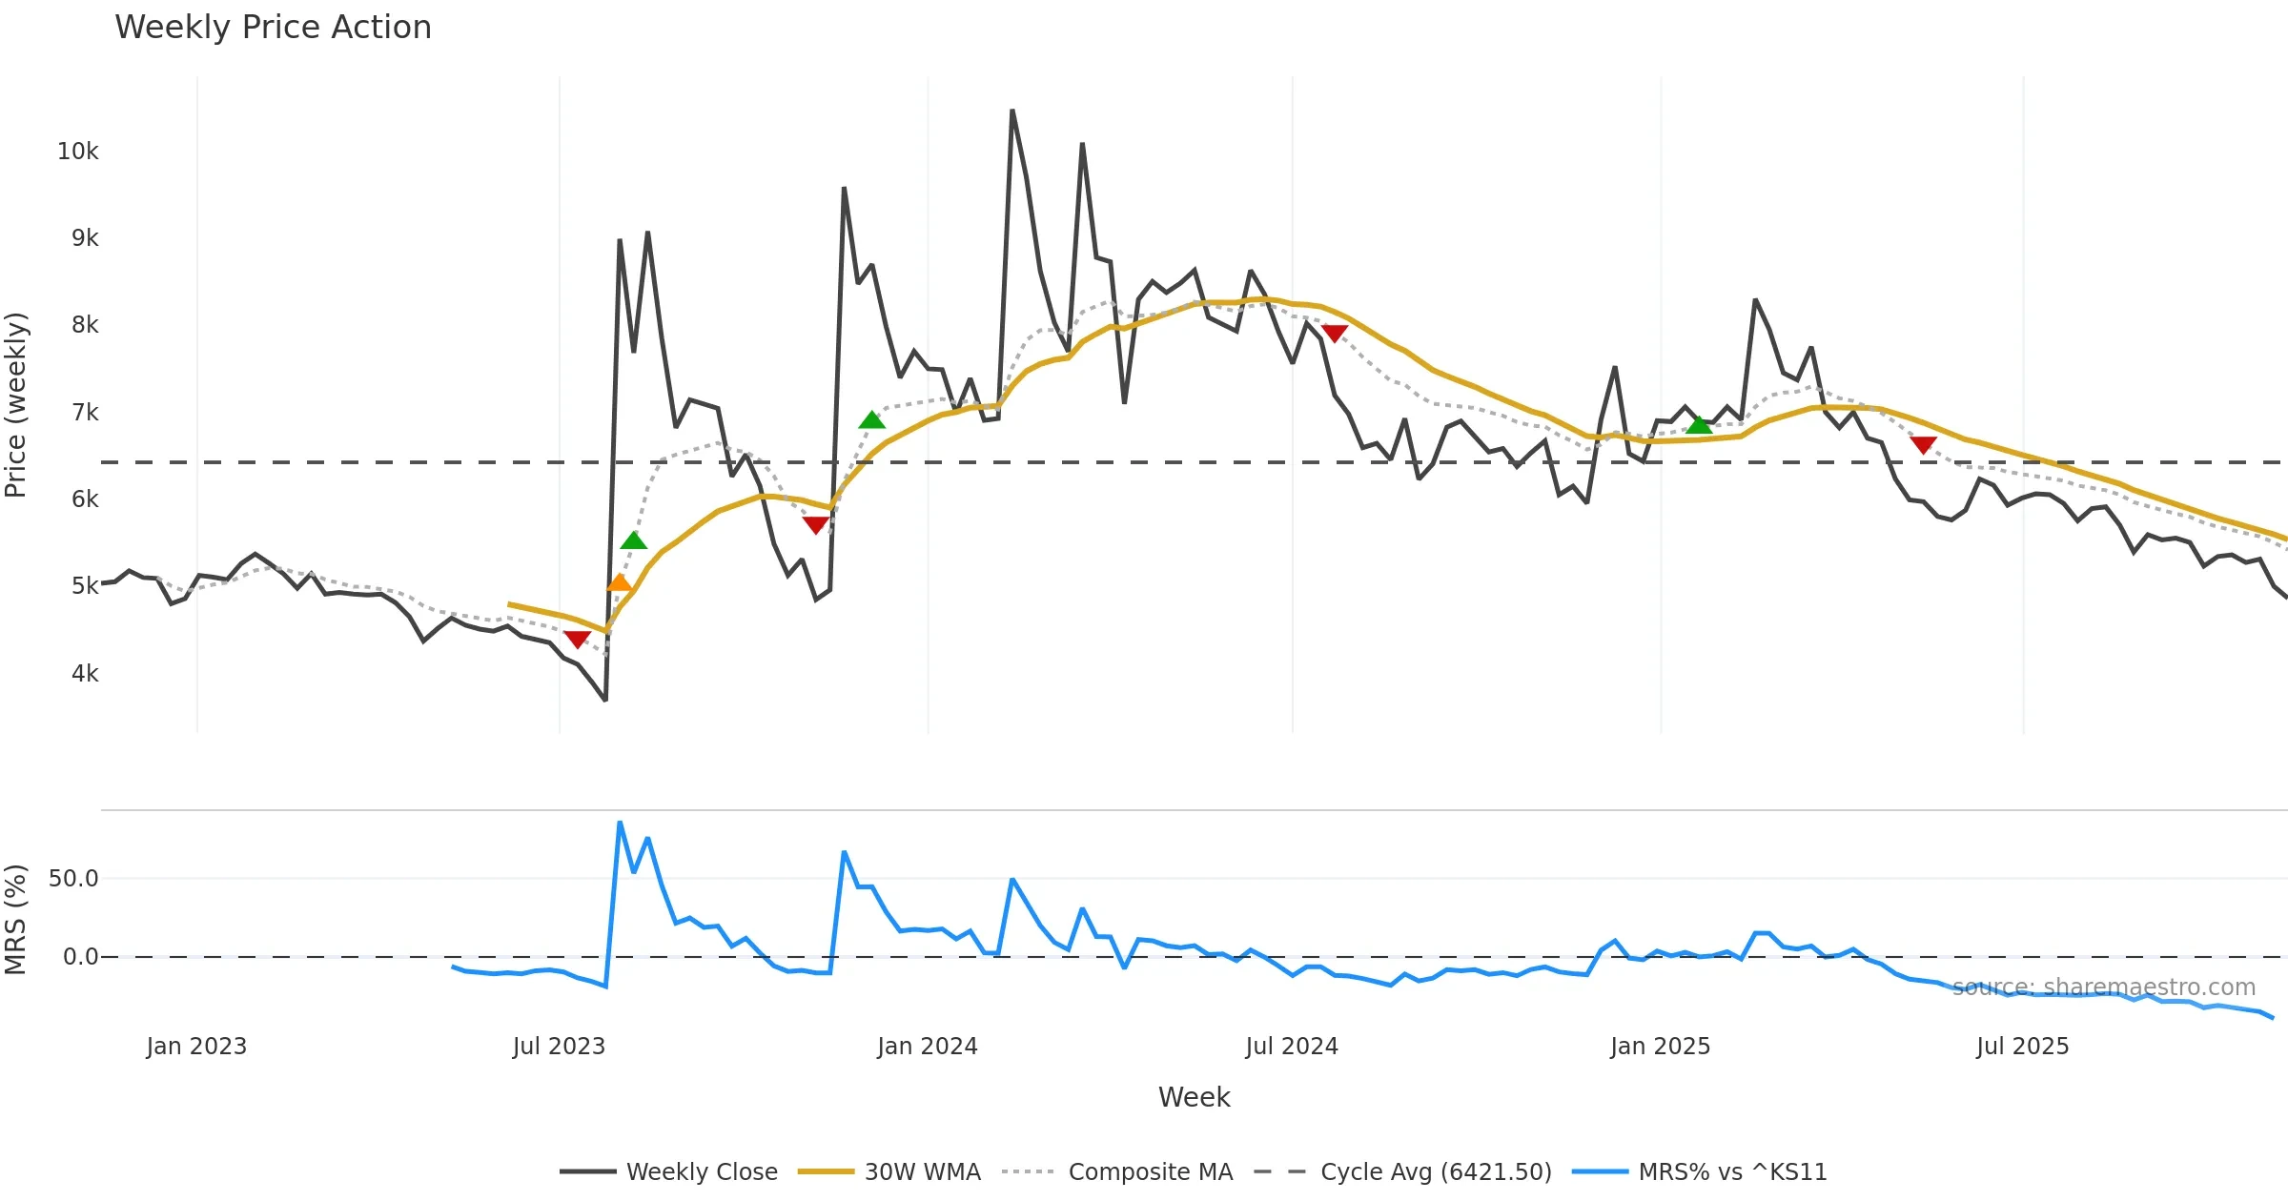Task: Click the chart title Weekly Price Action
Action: (x=273, y=28)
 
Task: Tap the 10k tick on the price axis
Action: (x=77, y=152)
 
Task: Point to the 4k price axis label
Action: (x=84, y=674)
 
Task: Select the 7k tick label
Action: (x=84, y=413)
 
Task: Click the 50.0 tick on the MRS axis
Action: (x=73, y=879)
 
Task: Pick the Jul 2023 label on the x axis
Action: (x=559, y=1047)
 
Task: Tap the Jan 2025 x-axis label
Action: (x=1660, y=1047)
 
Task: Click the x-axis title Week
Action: (x=1194, y=1097)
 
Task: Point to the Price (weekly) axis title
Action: (x=16, y=405)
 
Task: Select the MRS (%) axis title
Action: (x=16, y=920)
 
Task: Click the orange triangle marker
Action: (x=620, y=582)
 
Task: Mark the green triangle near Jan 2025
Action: (x=1699, y=425)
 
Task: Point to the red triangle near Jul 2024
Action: (x=1335, y=333)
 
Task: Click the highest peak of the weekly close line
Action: (x=1012, y=111)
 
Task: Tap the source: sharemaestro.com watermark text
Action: (x=2103, y=987)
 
